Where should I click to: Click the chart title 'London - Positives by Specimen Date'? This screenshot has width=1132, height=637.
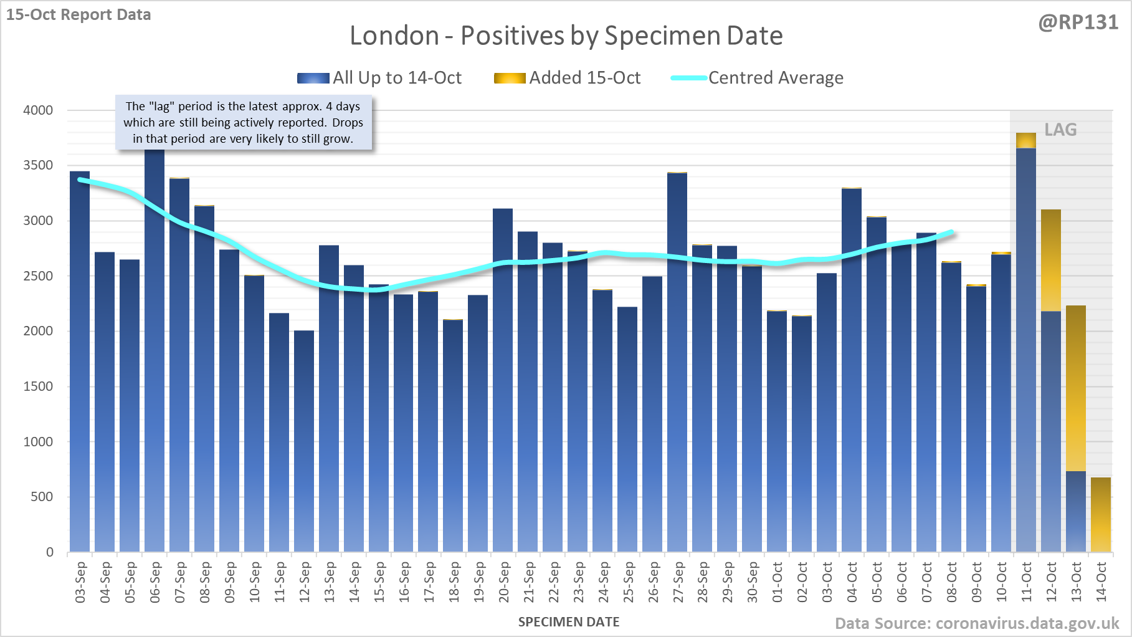point(566,36)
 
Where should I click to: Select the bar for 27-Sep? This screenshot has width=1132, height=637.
point(677,362)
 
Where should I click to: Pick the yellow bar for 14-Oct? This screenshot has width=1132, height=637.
point(1101,514)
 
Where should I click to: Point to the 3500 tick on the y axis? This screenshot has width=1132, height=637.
point(38,165)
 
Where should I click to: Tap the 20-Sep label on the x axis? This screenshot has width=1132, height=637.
point(504,582)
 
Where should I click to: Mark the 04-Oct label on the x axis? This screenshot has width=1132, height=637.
point(852,582)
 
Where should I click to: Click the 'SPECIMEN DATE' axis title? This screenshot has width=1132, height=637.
point(569,622)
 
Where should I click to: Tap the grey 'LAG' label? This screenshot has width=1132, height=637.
point(1060,130)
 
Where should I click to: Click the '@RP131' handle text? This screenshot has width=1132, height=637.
point(1078,22)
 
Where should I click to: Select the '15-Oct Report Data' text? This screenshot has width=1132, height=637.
point(78,14)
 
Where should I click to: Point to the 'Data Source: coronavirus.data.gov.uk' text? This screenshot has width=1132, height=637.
point(977,623)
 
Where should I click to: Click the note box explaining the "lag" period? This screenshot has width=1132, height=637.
point(244,122)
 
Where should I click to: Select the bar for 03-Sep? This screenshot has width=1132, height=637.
point(80,362)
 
